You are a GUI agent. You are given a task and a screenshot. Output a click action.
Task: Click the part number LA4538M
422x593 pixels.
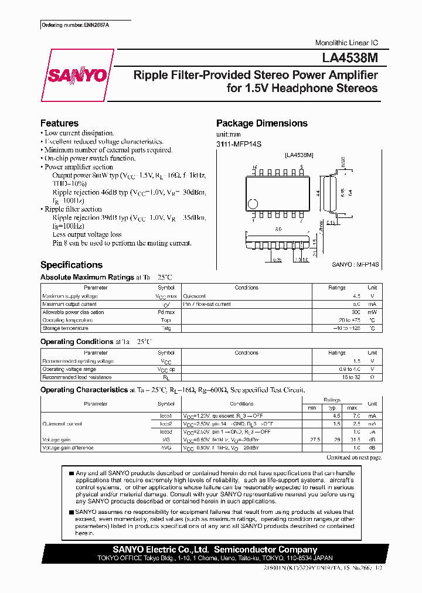click(x=349, y=58)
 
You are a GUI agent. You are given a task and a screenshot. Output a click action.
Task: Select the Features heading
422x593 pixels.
click(x=59, y=123)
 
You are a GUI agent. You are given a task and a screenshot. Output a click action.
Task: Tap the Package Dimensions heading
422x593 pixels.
click(x=261, y=123)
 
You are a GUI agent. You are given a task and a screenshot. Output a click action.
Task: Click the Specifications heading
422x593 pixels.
click(x=71, y=265)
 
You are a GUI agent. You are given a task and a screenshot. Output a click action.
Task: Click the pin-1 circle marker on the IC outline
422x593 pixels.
click(x=253, y=204)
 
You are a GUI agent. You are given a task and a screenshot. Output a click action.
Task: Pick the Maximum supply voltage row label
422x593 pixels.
click(x=70, y=296)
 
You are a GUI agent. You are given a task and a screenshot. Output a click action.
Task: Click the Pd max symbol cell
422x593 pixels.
click(x=166, y=312)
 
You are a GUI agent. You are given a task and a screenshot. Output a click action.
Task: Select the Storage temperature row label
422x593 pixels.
click(x=65, y=329)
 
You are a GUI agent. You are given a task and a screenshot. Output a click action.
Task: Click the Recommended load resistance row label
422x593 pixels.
click(x=77, y=377)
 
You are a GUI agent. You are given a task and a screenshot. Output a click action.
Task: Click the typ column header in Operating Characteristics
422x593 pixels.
click(x=333, y=407)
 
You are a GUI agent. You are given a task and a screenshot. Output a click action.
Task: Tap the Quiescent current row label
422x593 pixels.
click(x=62, y=424)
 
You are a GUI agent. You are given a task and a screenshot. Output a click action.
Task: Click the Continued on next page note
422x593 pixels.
click(x=353, y=457)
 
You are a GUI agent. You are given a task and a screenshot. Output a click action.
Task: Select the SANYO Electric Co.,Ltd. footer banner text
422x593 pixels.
click(x=216, y=550)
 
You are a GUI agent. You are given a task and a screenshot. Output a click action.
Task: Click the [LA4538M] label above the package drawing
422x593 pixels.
click(x=299, y=155)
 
